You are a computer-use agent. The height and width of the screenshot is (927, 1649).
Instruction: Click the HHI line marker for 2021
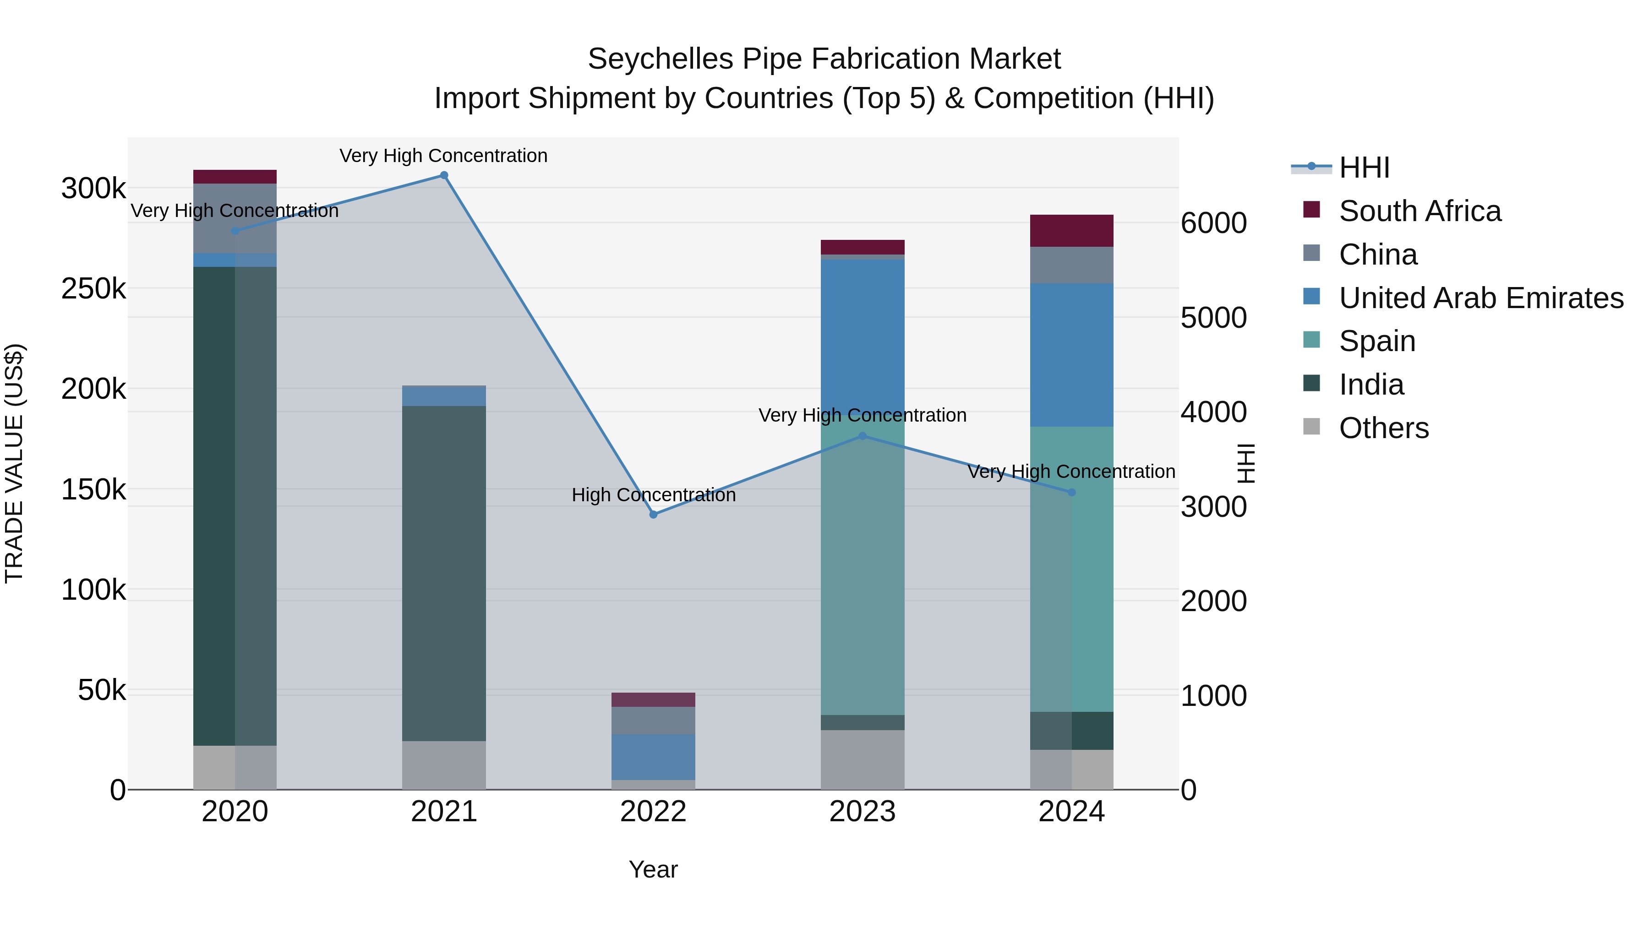pyautogui.click(x=443, y=175)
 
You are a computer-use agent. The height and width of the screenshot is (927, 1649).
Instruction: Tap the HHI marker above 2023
pyautogui.click(x=862, y=436)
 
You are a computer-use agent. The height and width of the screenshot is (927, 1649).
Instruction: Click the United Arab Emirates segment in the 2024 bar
pyautogui.click(x=1071, y=355)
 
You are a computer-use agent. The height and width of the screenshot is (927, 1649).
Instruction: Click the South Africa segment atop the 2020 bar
pyautogui.click(x=235, y=177)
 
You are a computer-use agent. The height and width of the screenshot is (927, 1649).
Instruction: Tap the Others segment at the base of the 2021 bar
pyautogui.click(x=443, y=765)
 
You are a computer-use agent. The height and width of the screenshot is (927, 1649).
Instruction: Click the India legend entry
pyautogui.click(x=1371, y=385)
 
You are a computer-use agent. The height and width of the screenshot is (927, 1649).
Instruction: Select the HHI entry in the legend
pyautogui.click(x=1364, y=168)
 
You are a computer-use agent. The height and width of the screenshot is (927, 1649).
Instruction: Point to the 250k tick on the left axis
pyautogui.click(x=93, y=288)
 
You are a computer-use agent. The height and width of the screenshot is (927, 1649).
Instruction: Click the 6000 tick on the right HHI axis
pyautogui.click(x=1213, y=223)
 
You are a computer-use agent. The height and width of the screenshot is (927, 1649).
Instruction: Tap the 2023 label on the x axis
pyautogui.click(x=862, y=812)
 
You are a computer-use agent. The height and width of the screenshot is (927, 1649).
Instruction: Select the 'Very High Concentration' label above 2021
pyautogui.click(x=443, y=156)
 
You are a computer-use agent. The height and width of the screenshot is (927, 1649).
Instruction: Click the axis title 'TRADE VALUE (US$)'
pyautogui.click(x=14, y=463)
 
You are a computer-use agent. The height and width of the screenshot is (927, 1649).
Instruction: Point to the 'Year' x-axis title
pyautogui.click(x=653, y=869)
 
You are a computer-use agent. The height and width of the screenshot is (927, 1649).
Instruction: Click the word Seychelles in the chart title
pyautogui.click(x=660, y=59)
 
